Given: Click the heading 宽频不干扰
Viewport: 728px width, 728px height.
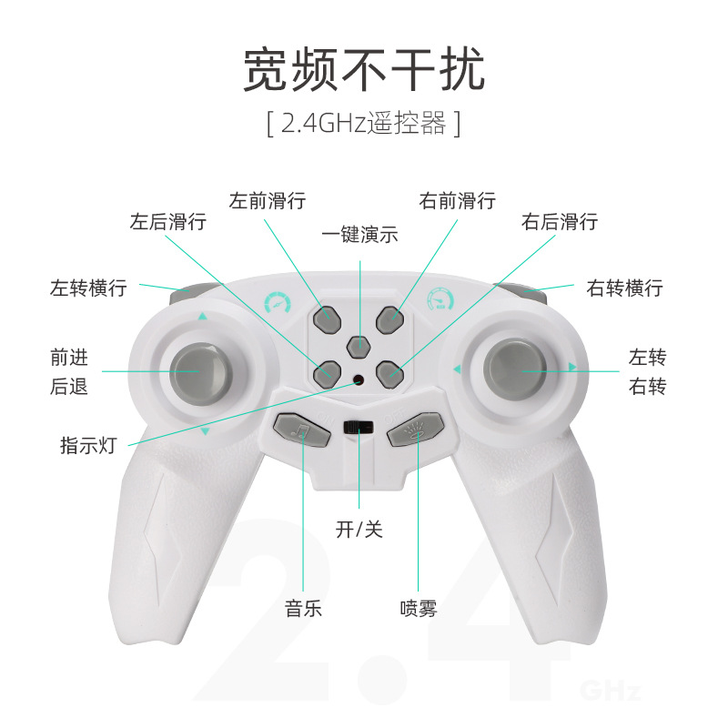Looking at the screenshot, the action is (364, 70).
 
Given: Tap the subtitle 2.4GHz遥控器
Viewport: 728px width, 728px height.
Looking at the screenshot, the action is (364, 123).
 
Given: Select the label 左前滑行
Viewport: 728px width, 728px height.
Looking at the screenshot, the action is (268, 200).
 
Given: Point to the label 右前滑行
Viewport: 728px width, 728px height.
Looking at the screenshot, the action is (458, 200).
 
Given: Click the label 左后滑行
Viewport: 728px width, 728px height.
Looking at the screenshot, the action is (167, 221).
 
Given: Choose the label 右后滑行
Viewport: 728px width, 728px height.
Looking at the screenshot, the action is (560, 221).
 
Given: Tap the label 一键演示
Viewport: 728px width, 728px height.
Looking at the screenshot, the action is (360, 234).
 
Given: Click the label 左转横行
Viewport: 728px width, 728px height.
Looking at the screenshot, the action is (88, 288).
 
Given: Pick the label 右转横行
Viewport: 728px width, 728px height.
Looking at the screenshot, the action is (625, 288).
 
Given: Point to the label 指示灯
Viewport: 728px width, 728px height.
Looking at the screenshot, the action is (88, 446).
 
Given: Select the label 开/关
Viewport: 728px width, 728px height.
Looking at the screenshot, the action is (359, 529).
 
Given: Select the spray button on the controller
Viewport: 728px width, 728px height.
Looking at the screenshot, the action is (417, 430).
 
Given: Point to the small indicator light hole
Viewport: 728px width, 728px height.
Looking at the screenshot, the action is (359, 380).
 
